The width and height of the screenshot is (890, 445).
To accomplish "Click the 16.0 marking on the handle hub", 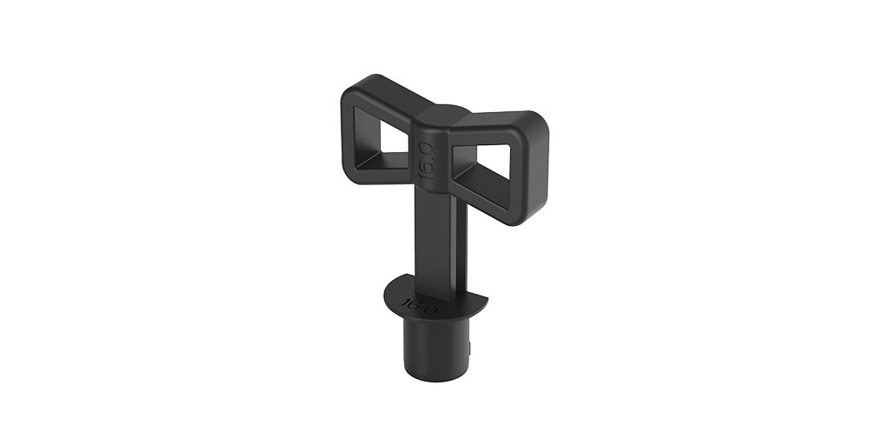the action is click(x=427, y=161).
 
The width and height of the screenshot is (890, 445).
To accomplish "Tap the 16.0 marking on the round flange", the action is click(x=419, y=307).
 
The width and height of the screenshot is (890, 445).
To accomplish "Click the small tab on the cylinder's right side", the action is click(x=470, y=348).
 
